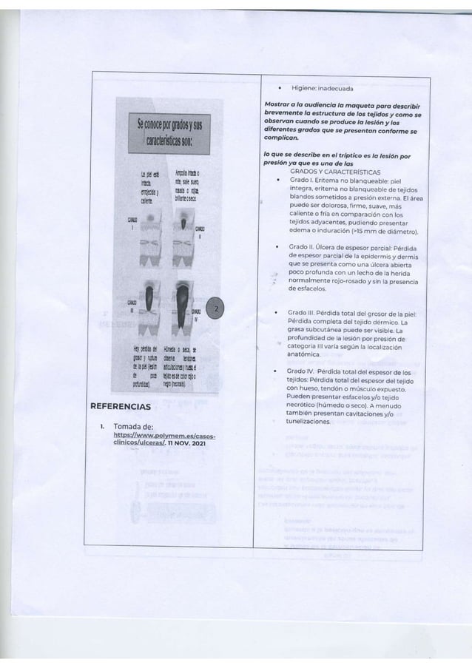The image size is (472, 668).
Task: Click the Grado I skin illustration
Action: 152,222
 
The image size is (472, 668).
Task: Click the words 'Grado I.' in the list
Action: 301,180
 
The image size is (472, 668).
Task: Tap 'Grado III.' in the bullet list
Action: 303,313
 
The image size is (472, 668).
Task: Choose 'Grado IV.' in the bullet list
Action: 303,370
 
